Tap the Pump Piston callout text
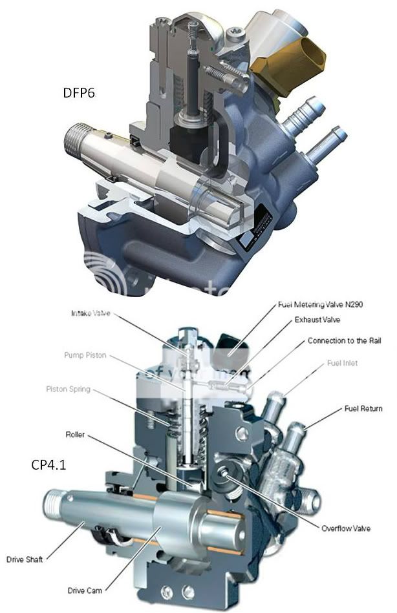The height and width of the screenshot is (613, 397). [x=86, y=355]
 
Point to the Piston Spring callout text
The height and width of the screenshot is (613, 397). [x=87, y=389]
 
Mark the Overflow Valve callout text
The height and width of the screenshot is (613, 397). [x=346, y=528]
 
